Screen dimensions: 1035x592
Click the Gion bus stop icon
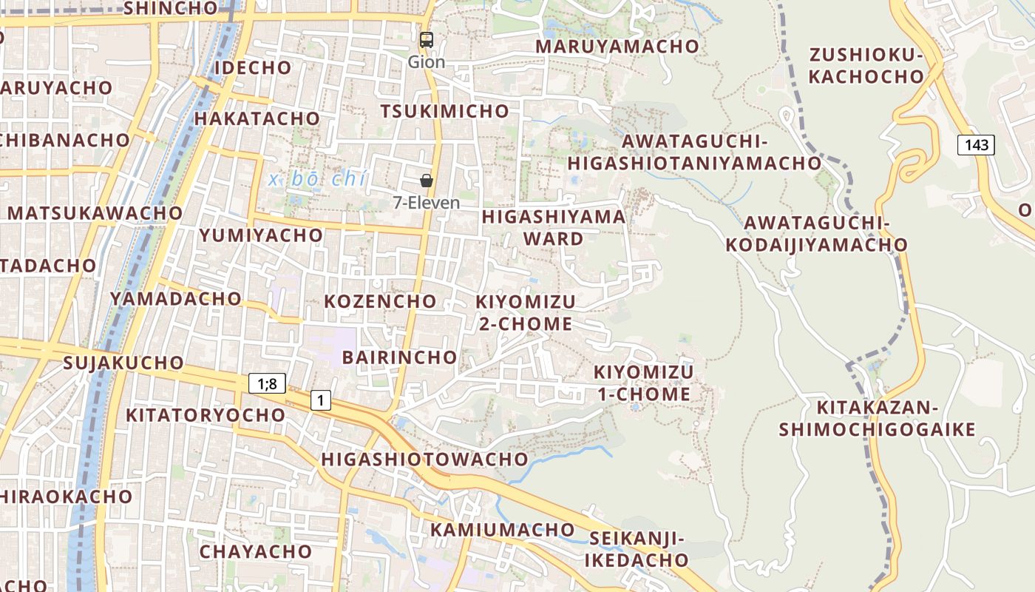tap(427, 40)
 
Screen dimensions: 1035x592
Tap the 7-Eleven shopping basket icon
tap(427, 181)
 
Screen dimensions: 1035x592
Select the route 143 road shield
tap(976, 144)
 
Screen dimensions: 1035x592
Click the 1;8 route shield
tap(267, 383)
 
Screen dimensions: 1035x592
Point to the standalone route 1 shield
tap(320, 400)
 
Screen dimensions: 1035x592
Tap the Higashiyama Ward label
tap(554, 228)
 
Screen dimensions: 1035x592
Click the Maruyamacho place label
tap(617, 46)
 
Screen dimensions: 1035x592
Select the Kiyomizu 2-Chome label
tap(525, 312)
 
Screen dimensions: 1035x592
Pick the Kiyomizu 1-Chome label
tap(643, 383)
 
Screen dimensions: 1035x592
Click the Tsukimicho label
tap(445, 111)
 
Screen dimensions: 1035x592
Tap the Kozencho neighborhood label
tap(381, 301)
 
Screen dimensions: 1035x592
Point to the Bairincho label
tap(400, 357)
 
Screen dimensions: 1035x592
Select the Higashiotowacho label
tap(425, 459)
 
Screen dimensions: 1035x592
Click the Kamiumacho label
tap(503, 530)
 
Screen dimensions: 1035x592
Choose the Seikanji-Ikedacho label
tap(637, 549)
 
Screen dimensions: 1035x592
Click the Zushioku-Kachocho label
tap(866, 65)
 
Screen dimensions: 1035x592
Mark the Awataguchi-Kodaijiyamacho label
tap(816, 234)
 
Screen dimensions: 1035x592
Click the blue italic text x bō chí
tap(318, 178)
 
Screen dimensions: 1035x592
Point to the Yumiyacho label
tap(261, 235)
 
